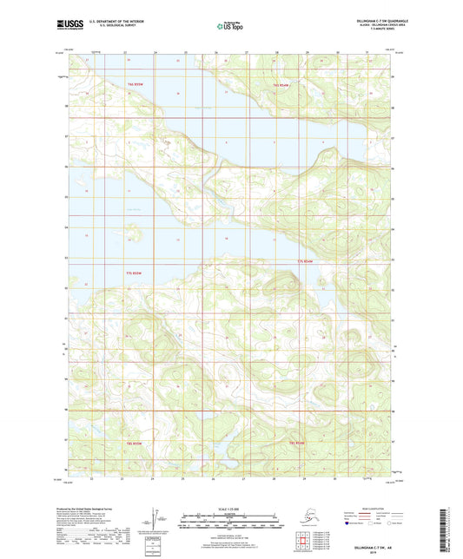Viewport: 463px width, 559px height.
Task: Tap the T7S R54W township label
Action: coord(304,260)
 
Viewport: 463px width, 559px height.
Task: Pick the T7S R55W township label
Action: coord(129,273)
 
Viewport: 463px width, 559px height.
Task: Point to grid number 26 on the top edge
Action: coord(215,52)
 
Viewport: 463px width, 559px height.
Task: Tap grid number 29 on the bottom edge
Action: coord(305,477)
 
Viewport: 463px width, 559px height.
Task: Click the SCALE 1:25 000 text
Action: coord(231,508)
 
